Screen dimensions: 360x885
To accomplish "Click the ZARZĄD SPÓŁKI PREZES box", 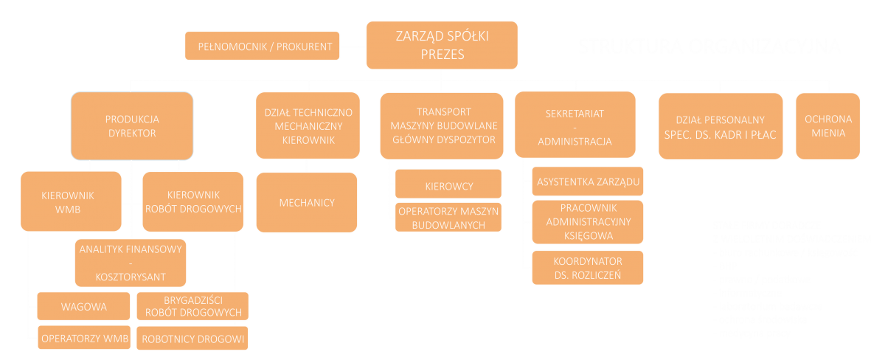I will tap(442, 44).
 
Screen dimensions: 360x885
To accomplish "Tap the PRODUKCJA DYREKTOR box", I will tap(133, 125).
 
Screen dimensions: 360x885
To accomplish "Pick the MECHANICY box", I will tap(307, 203).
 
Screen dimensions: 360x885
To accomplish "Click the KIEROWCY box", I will tap(448, 186).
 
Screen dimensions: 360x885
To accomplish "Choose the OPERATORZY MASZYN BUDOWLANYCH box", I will tap(448, 217).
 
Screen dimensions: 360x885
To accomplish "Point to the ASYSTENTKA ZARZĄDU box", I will tap(588, 181).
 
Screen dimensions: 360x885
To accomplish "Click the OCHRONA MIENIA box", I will tap(828, 125).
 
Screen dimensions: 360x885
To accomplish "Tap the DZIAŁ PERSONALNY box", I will tap(721, 126).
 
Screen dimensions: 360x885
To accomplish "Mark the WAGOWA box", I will tap(84, 306).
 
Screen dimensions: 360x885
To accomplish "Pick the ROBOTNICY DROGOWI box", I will tap(192, 339).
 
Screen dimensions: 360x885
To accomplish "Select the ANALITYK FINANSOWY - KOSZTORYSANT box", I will tap(130, 263).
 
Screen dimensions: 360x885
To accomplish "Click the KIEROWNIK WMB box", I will tap(71, 201).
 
